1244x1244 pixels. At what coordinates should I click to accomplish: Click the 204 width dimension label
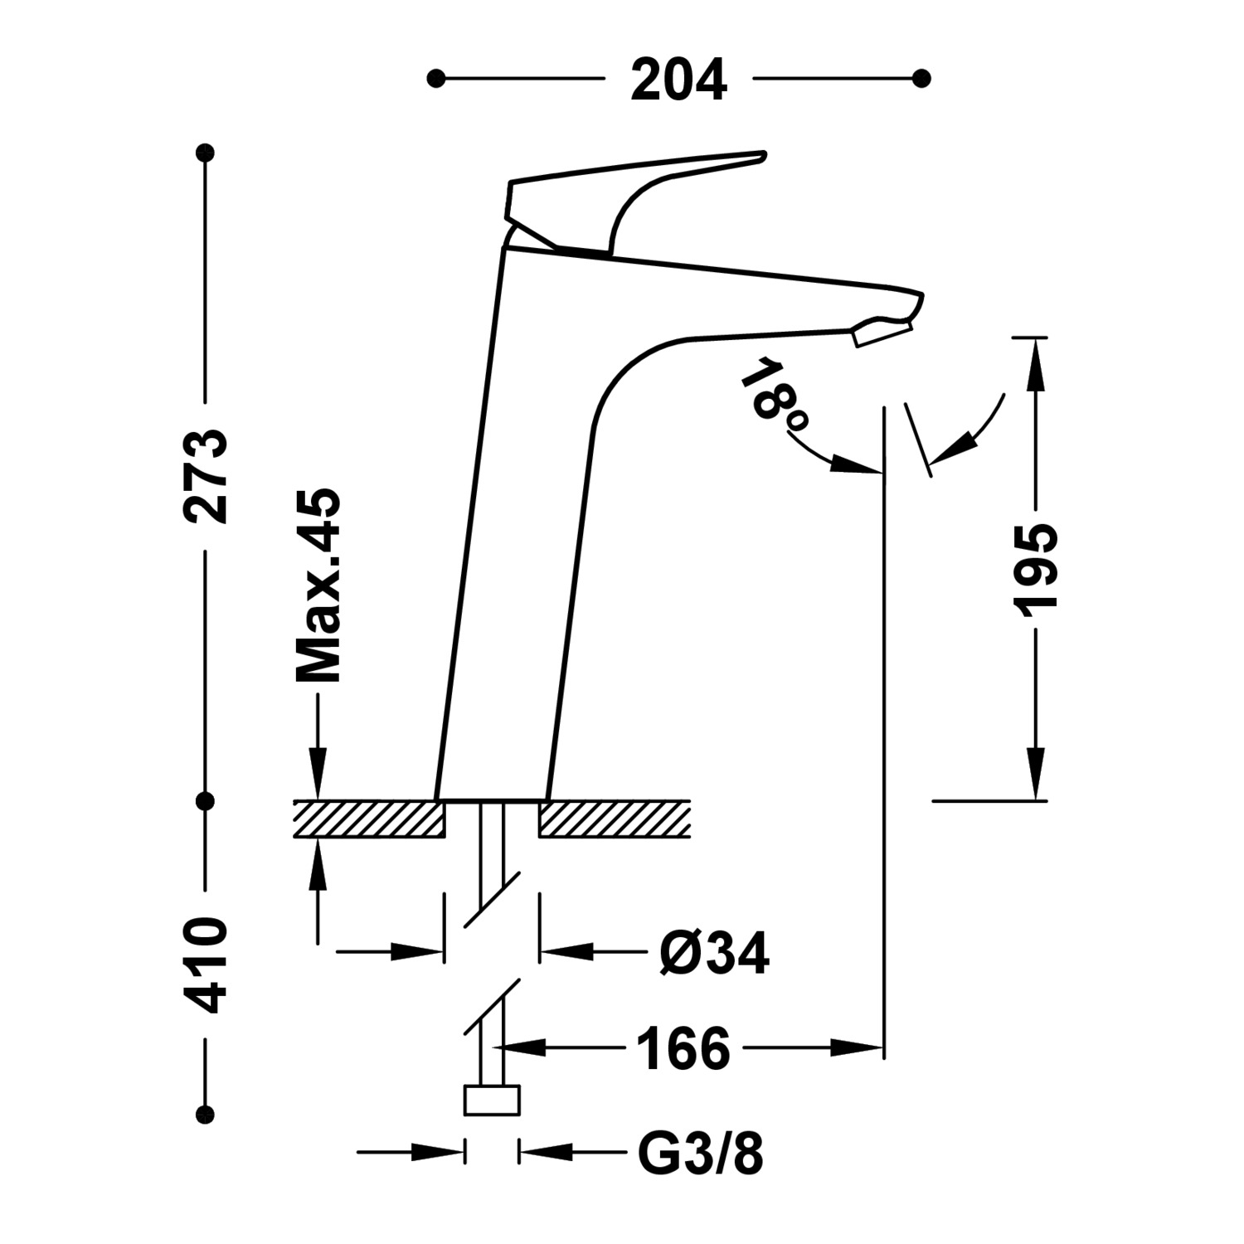click(x=678, y=80)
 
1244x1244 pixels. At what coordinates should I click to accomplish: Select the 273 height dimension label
click(x=205, y=476)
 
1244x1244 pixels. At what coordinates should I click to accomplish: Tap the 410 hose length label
click(x=205, y=965)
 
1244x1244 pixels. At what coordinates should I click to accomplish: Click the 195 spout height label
click(x=1036, y=571)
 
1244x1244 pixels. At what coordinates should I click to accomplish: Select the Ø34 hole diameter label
click(x=714, y=954)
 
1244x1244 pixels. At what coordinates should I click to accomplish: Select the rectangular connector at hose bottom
click(x=492, y=1101)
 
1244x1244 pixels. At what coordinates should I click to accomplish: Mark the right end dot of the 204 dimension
click(x=921, y=79)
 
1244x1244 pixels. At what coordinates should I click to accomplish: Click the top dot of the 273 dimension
click(x=205, y=153)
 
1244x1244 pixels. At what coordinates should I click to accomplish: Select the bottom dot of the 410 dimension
click(x=205, y=1113)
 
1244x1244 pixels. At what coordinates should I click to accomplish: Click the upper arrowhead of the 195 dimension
click(x=1036, y=365)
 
